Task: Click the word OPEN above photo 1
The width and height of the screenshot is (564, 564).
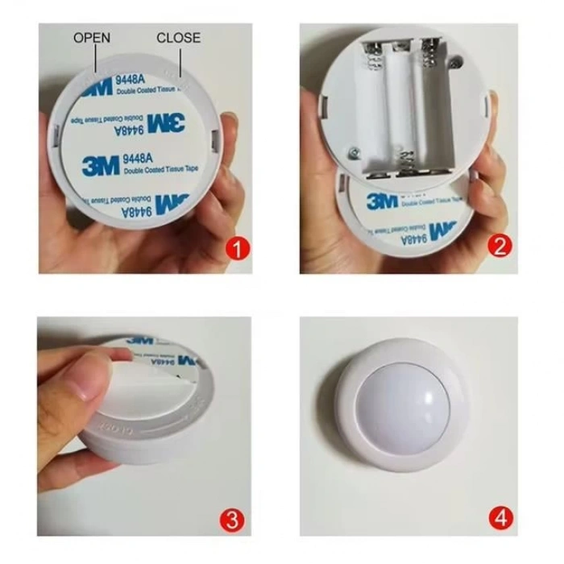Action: click(x=92, y=38)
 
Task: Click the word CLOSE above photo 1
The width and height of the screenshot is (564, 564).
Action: click(x=178, y=38)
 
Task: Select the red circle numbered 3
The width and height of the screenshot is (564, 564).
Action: click(x=233, y=497)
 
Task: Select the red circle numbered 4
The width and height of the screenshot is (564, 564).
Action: click(x=502, y=497)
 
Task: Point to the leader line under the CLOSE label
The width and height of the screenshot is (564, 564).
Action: click(x=182, y=61)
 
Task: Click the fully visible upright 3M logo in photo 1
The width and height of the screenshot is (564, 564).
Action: click(x=101, y=166)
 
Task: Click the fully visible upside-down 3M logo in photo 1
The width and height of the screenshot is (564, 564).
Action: click(x=166, y=123)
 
